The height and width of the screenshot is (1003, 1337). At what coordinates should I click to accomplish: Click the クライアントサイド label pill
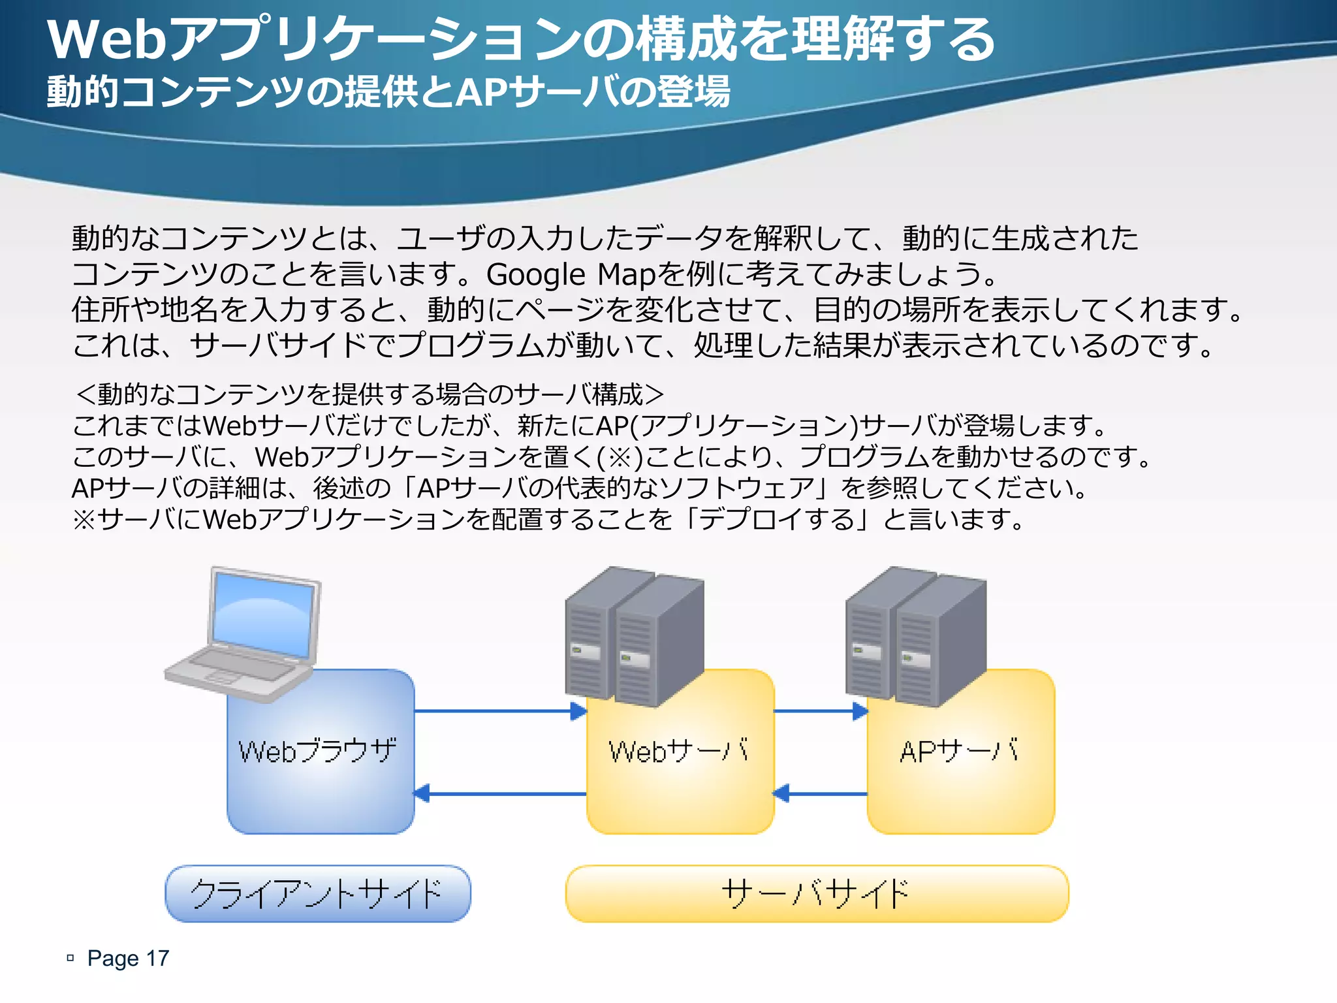[x=318, y=893]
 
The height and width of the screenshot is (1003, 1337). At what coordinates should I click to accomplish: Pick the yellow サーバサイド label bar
[x=817, y=893]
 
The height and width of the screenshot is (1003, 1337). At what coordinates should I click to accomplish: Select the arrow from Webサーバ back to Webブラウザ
[x=500, y=793]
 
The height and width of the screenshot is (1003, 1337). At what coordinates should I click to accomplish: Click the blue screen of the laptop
[x=262, y=614]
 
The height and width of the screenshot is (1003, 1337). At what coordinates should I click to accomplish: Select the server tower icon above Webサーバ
[x=634, y=637]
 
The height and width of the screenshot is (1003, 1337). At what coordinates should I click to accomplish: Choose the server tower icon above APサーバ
[x=915, y=637]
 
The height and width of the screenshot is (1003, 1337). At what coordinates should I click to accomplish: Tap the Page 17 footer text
[x=128, y=958]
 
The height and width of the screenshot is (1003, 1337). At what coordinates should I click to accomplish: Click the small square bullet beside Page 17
[x=71, y=958]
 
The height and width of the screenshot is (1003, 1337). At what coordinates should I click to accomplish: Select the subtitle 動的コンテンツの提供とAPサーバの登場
[x=388, y=91]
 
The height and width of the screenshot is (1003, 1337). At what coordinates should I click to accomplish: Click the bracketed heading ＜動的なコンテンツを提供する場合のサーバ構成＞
[x=370, y=394]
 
